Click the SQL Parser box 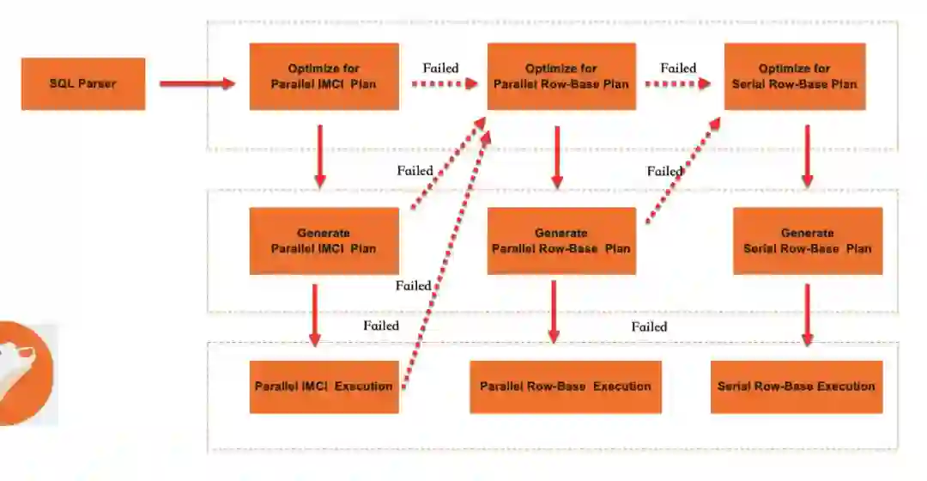pyautogui.click(x=83, y=83)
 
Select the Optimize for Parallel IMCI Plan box pyautogui.click(x=324, y=76)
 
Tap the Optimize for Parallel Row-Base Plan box pyautogui.click(x=561, y=76)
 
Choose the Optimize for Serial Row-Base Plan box pyautogui.click(x=795, y=76)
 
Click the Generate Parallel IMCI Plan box pyautogui.click(x=324, y=240)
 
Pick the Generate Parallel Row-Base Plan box pyautogui.click(x=561, y=240)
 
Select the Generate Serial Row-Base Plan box pyautogui.click(x=808, y=240)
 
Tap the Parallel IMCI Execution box pyautogui.click(x=324, y=387)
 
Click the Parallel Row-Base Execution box pyautogui.click(x=566, y=387)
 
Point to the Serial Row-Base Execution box pyautogui.click(x=797, y=387)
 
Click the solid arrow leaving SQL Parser pyautogui.click(x=197, y=83)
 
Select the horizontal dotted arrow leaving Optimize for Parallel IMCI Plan pyautogui.click(x=443, y=83)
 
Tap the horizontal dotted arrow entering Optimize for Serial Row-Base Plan pyautogui.click(x=680, y=83)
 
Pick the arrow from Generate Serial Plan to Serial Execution pyautogui.click(x=808, y=314)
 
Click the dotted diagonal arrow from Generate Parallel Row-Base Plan pyautogui.click(x=682, y=169)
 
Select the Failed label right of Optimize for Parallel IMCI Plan pyautogui.click(x=440, y=68)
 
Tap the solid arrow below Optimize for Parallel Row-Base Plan pyautogui.click(x=557, y=156)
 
